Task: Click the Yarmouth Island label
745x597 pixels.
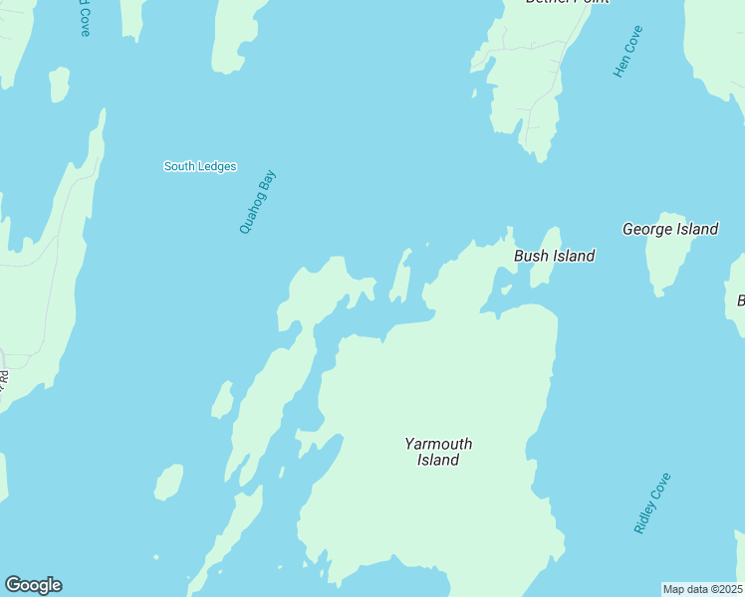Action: [x=438, y=452]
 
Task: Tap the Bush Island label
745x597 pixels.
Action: [x=554, y=256]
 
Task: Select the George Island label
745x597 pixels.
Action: [x=670, y=229]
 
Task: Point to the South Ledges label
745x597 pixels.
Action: [x=200, y=166]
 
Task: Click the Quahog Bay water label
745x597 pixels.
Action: [x=257, y=202]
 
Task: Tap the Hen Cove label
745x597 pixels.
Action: [x=628, y=52]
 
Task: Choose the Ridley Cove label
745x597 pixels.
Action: [x=652, y=503]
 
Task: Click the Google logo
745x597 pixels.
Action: [x=33, y=585]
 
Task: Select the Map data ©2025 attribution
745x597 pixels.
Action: [x=702, y=589]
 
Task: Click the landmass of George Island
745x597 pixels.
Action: [x=665, y=264]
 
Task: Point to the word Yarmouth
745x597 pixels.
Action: [x=438, y=444]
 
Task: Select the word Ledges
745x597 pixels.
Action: [x=217, y=166]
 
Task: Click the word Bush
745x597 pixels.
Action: [x=530, y=256]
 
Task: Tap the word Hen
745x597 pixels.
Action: [x=621, y=67]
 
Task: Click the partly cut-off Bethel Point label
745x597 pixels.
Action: [x=567, y=3]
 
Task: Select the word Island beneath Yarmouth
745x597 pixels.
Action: [x=438, y=461]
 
